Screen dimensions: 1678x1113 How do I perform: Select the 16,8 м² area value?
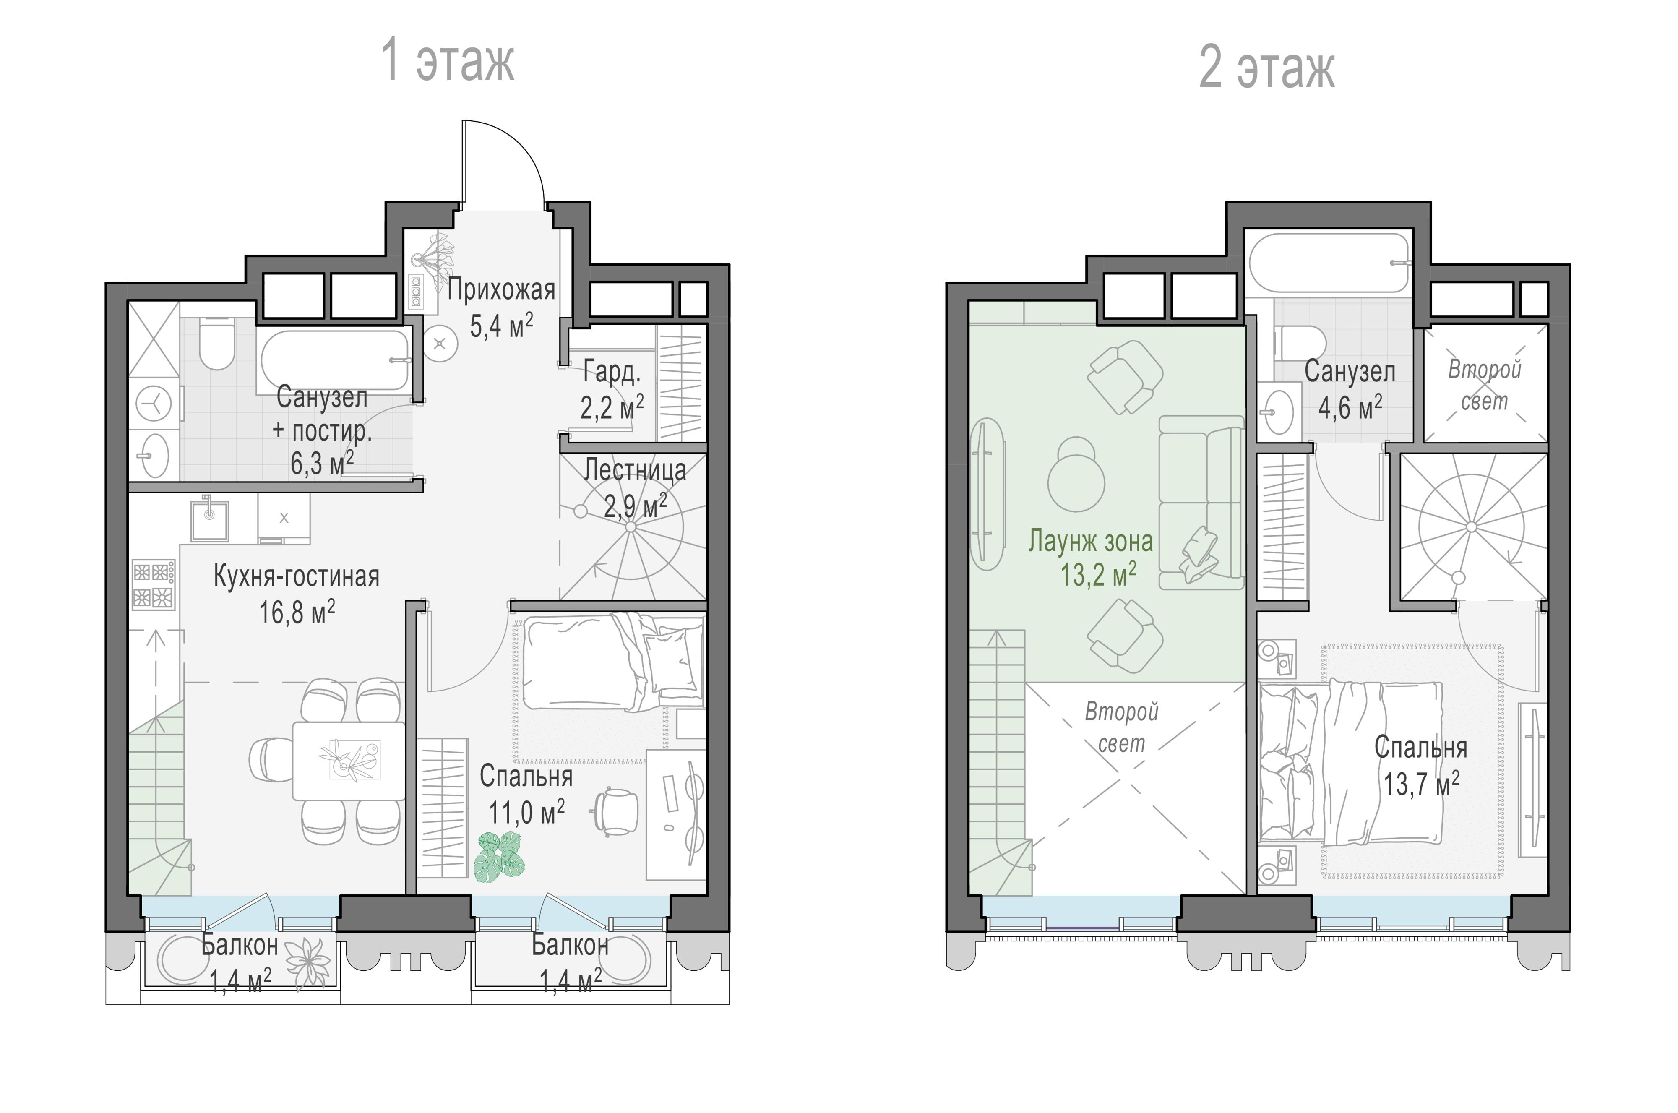click(297, 611)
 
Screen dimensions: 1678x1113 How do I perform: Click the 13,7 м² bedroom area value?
click(1421, 785)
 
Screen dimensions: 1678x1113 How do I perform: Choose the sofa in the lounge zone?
click(1201, 503)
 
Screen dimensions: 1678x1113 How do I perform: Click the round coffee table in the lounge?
click(1076, 482)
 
